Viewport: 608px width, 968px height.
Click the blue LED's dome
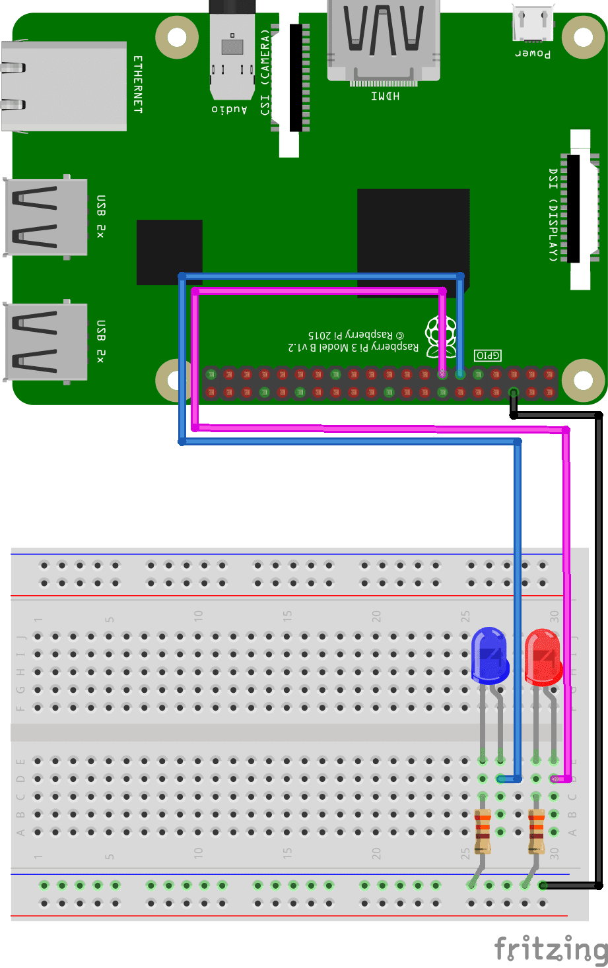(x=489, y=654)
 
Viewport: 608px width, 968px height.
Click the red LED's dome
(x=543, y=655)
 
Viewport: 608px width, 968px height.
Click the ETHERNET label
(x=138, y=84)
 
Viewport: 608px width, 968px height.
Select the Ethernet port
(x=63, y=86)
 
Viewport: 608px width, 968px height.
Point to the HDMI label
(x=385, y=96)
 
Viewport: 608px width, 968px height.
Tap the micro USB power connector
(x=533, y=23)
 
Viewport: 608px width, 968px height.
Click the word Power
(x=533, y=53)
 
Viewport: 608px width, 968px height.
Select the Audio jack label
(x=230, y=109)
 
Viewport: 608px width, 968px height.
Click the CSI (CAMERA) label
(x=265, y=73)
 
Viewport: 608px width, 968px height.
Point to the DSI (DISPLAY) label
(x=553, y=214)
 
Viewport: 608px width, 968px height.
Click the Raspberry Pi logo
(x=441, y=335)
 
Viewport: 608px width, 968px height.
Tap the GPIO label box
(x=488, y=355)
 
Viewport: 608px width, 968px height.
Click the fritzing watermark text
(x=551, y=949)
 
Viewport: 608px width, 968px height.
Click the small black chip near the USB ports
(x=170, y=252)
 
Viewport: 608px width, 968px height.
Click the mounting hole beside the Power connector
(x=583, y=37)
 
